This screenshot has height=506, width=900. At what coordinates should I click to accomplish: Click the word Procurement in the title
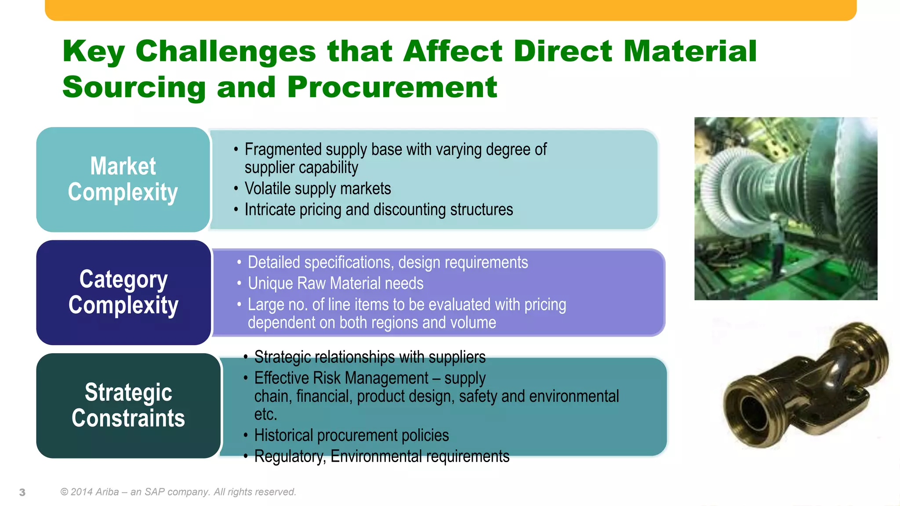tap(392, 87)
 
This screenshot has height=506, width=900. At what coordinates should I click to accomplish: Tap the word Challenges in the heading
tap(225, 51)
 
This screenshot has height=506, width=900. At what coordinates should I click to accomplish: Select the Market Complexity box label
tap(123, 179)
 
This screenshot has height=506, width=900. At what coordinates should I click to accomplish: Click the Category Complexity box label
tap(123, 292)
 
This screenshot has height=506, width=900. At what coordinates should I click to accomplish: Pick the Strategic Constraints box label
tap(128, 405)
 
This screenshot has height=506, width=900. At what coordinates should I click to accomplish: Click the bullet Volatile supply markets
tap(317, 188)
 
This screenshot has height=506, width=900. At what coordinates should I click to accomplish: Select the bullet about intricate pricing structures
tap(378, 210)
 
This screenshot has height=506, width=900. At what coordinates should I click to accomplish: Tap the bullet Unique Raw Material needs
tap(335, 283)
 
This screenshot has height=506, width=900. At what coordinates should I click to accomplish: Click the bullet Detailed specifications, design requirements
tap(388, 262)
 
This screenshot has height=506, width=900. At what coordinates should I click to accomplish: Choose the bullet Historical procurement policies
tap(351, 435)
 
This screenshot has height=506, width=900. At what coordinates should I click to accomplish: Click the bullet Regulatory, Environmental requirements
tap(381, 456)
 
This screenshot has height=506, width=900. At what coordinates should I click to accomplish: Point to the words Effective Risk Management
tap(341, 378)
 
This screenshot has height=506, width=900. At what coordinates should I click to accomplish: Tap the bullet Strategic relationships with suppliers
tap(370, 357)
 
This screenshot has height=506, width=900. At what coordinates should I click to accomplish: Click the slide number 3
tap(22, 492)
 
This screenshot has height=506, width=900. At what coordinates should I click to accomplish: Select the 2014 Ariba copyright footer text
tap(178, 492)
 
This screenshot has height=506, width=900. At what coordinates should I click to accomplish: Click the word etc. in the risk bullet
tap(265, 414)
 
